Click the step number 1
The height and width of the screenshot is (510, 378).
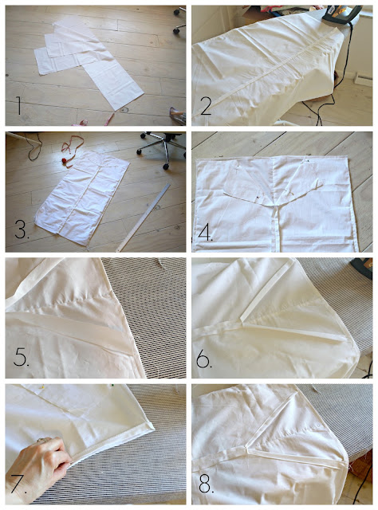coord(19,105)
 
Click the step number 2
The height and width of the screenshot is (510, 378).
coord(206,105)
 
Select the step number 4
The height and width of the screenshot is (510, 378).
coord(205,232)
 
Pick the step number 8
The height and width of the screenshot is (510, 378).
coord(206,484)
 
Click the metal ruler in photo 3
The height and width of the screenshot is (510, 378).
coord(144,218)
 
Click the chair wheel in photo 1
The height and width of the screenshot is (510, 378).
coord(176,30)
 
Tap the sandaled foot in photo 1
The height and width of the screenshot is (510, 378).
coord(178,116)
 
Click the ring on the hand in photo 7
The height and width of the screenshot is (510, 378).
coord(41,440)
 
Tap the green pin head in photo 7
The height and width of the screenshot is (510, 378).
coord(112,386)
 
